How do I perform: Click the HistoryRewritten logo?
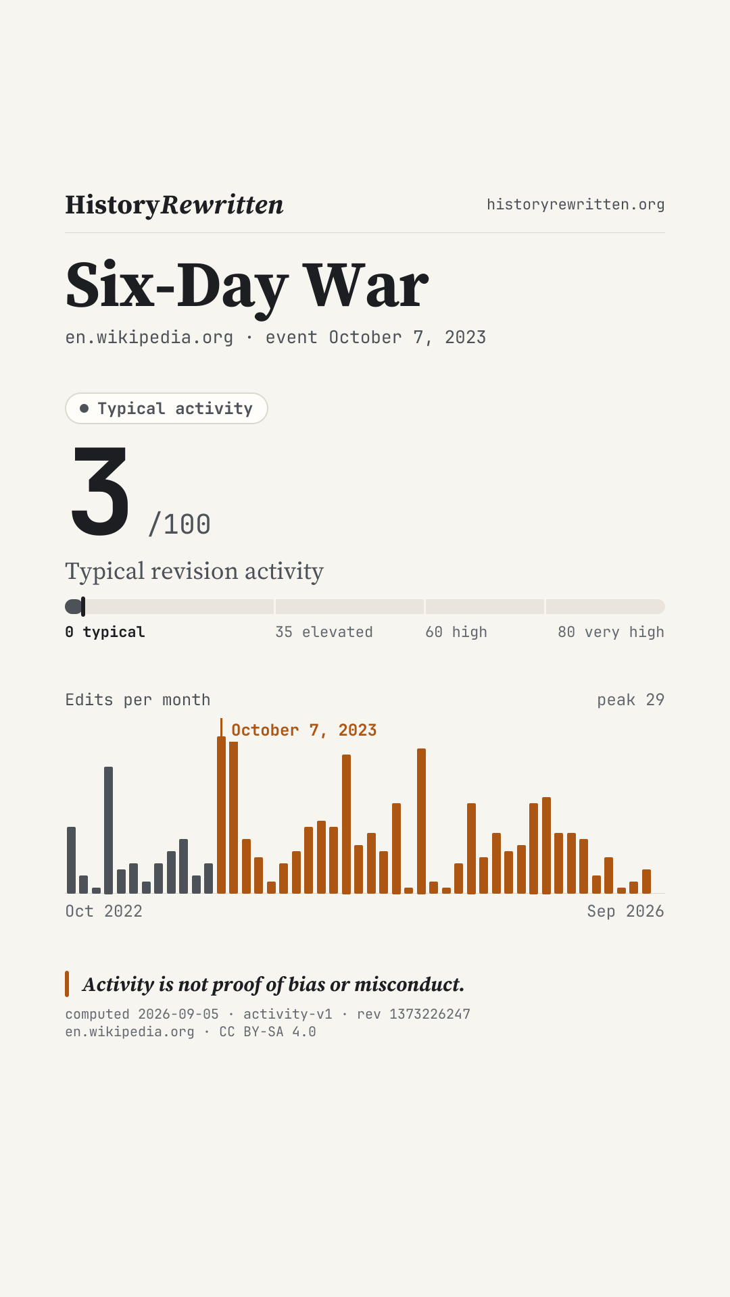coord(174,205)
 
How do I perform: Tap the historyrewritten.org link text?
coord(576,204)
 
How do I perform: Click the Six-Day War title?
coord(247,286)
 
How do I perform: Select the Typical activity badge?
coord(166,408)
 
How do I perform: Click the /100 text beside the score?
coord(180,524)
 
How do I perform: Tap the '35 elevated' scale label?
coord(324,632)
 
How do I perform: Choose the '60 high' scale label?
coord(456,632)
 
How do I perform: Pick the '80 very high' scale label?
coord(611,632)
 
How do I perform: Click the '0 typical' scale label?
coord(105,632)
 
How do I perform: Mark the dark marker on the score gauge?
coord(83,607)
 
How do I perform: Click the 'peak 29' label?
coord(631,700)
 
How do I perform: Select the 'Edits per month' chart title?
coord(138,700)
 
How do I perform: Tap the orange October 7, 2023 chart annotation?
coord(304,730)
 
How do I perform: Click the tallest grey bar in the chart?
coord(108,830)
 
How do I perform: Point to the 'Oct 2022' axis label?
coord(104,911)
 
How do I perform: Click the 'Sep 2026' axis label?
coord(626,911)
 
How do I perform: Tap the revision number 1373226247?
coord(430,1014)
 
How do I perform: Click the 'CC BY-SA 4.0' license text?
coord(268,1032)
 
